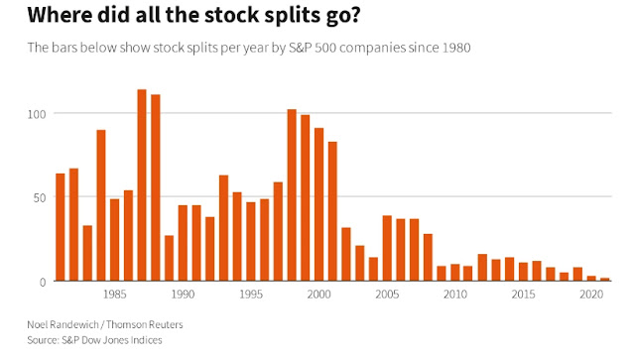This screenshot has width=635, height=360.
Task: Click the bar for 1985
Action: tap(115, 240)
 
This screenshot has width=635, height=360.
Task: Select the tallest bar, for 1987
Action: tap(142, 185)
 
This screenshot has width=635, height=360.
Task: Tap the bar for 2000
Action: tap(319, 204)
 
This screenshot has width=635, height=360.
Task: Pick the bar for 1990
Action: tap(183, 243)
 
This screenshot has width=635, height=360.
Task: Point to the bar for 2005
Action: tap(387, 248)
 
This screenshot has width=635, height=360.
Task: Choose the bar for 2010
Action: tap(455, 273)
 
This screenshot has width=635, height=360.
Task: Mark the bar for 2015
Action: tap(523, 272)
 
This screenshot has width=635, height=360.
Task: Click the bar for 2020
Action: tap(591, 279)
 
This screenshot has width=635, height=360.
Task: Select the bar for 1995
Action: tap(251, 241)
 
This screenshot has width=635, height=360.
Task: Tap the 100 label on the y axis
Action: tap(37, 114)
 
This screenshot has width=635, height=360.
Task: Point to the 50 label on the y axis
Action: tap(40, 198)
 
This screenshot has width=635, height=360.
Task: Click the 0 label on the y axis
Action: tap(43, 283)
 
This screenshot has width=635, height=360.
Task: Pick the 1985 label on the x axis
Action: tap(115, 294)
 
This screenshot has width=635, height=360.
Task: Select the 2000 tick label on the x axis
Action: tap(319, 294)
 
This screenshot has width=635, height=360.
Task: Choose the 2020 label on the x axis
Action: tap(591, 294)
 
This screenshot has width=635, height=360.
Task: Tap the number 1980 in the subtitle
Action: tap(456, 48)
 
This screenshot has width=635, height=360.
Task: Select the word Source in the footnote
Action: tap(42, 340)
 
